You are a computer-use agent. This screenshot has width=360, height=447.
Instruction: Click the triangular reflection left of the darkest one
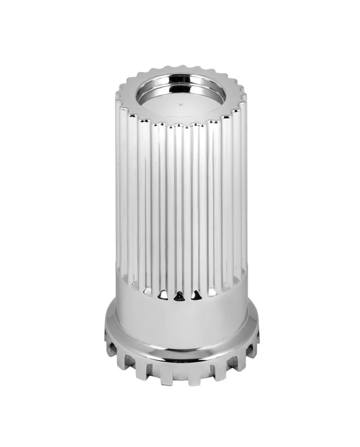point(163,294)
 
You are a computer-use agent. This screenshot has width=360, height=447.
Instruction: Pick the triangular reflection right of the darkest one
point(196,295)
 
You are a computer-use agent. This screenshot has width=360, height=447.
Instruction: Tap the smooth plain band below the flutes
point(180,319)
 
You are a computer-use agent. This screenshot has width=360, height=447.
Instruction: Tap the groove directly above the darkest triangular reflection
point(179,216)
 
